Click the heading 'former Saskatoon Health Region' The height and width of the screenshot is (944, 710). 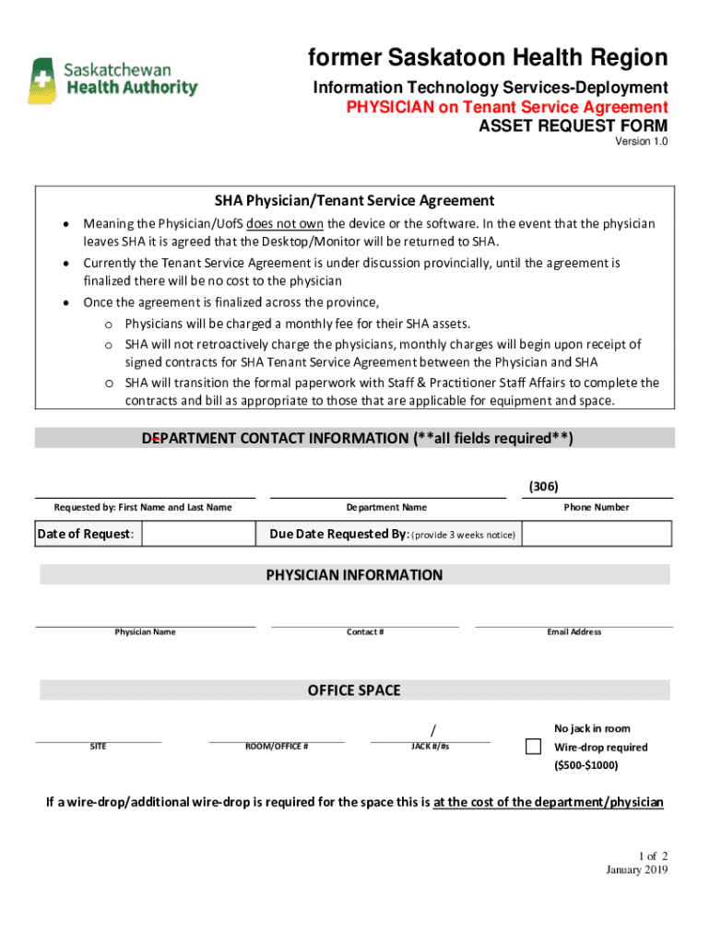pyautogui.click(x=488, y=58)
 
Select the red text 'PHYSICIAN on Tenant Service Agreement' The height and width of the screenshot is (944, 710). pyautogui.click(x=506, y=107)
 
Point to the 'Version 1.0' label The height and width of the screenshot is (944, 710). pyautogui.click(x=641, y=142)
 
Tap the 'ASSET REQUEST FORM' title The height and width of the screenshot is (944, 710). pyautogui.click(x=572, y=125)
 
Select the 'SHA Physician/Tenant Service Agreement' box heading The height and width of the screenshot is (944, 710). pyautogui.click(x=354, y=200)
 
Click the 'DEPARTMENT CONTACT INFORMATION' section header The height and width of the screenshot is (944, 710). pyautogui.click(x=357, y=439)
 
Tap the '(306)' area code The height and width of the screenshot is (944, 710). pyautogui.click(x=543, y=487)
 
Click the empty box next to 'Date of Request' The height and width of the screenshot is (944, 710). pyautogui.click(x=198, y=534)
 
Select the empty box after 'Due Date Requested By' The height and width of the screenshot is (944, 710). pyautogui.click(x=598, y=534)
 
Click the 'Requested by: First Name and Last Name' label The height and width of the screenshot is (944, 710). pyautogui.click(x=143, y=507)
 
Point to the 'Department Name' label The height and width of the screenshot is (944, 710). pyautogui.click(x=386, y=507)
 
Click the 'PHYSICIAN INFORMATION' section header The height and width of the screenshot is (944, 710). pyautogui.click(x=354, y=575)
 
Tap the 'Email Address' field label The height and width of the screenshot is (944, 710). pyautogui.click(x=574, y=632)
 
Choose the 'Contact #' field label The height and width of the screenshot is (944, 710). pyautogui.click(x=365, y=632)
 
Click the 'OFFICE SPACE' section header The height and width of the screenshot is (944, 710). pyautogui.click(x=354, y=690)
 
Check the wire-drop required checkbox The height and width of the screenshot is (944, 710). pyautogui.click(x=533, y=747)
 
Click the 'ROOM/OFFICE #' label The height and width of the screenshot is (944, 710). pyautogui.click(x=276, y=746)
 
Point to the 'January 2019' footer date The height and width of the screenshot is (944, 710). pyautogui.click(x=636, y=870)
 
